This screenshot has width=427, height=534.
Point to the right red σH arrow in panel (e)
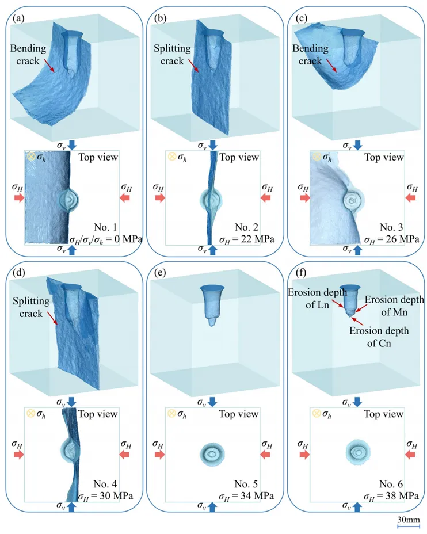266,455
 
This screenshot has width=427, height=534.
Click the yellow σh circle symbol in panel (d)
30,413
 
